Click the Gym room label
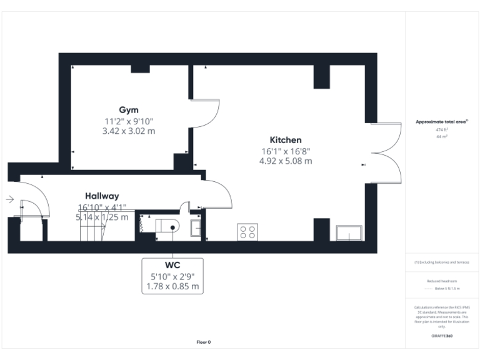coord(129,109)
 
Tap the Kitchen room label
coord(286,140)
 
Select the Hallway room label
coord(102,196)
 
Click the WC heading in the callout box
coord(172,265)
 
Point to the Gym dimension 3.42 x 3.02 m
coord(129,131)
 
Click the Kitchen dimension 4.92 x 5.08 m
coord(286,161)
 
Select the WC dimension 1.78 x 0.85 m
coord(172,286)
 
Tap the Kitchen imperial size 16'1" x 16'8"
coord(286,151)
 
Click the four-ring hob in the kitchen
coord(247,232)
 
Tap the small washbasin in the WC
coord(196,228)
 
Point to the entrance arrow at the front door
coord(10,199)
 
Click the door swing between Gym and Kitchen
coord(205,112)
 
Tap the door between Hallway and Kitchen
coord(217,194)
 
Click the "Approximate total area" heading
coord(442,122)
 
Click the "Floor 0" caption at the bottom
coord(204,342)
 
